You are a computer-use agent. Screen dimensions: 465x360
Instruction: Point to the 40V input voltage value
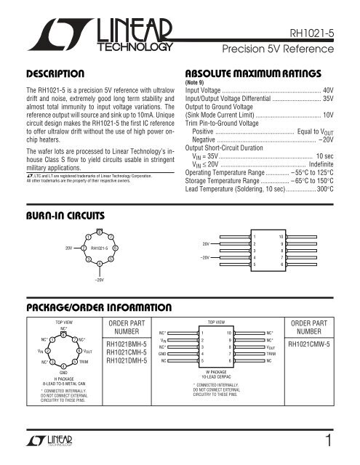pos(337,91)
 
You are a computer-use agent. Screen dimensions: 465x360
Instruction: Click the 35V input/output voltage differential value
pos(337,100)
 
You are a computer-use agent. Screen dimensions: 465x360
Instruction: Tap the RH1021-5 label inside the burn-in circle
pos(103,248)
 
